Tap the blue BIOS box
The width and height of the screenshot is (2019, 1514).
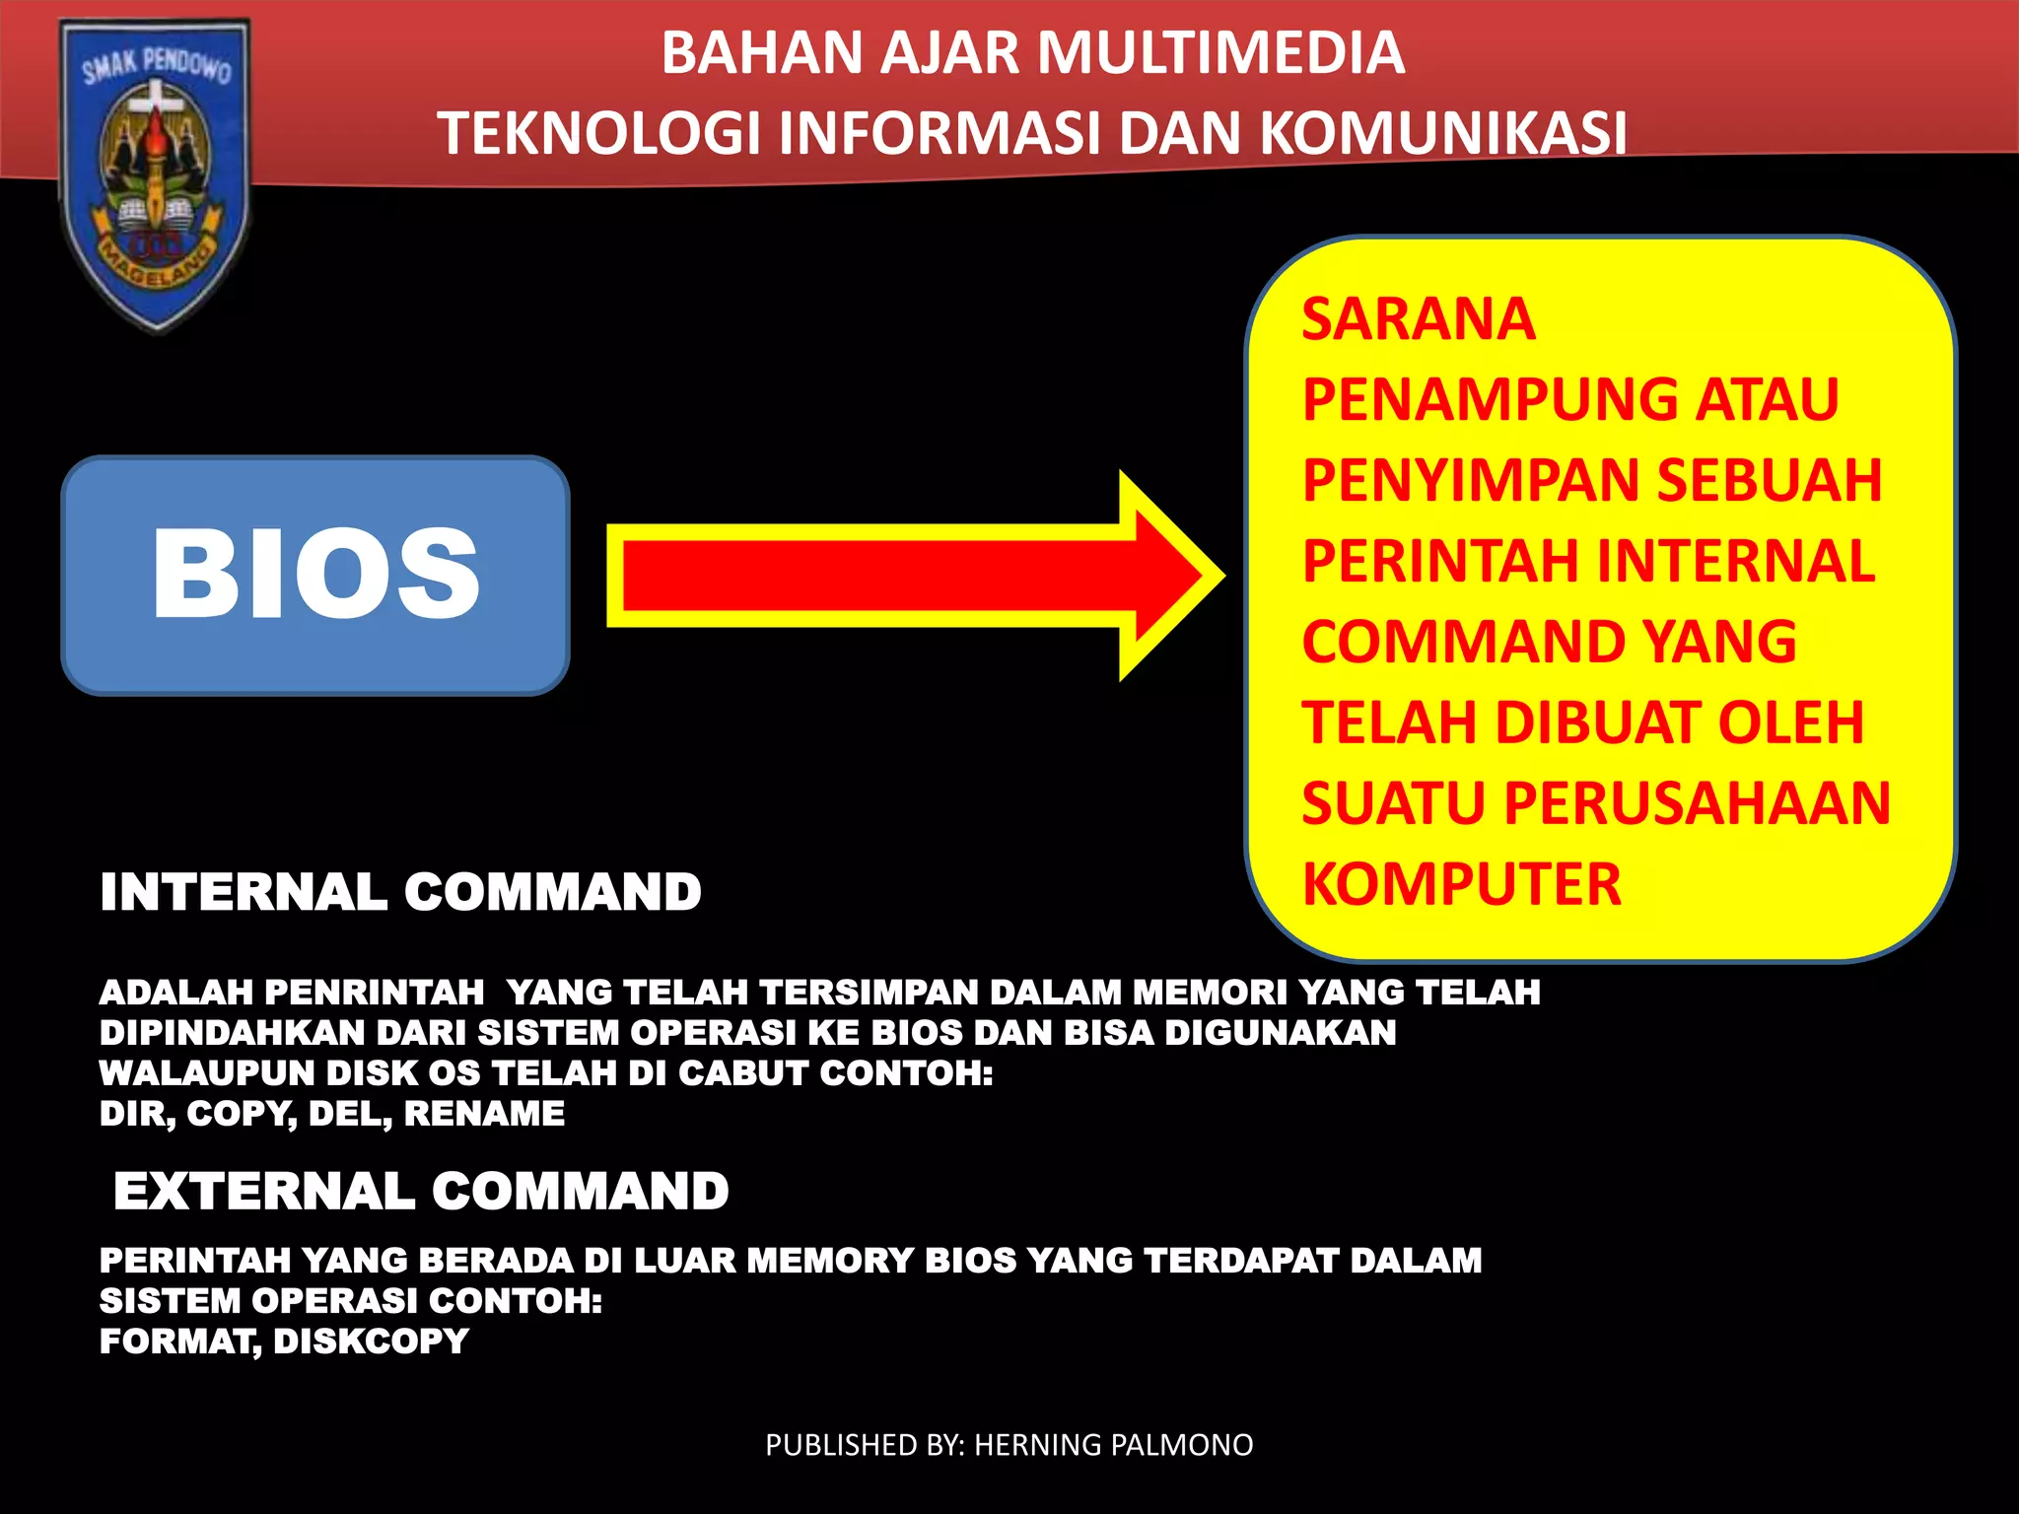(x=315, y=576)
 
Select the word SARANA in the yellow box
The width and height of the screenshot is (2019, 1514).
(x=1418, y=319)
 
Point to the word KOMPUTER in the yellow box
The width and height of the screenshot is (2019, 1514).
(x=1461, y=884)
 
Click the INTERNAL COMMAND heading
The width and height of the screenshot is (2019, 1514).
(x=400, y=892)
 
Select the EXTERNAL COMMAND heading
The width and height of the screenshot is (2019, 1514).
(x=421, y=1191)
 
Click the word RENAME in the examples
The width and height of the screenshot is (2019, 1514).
(x=484, y=1114)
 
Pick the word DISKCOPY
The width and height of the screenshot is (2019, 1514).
(x=371, y=1342)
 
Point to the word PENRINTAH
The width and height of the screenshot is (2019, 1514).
(x=374, y=992)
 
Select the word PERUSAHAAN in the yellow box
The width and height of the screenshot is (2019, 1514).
(x=1697, y=803)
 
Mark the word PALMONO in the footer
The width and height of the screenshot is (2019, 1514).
(x=1181, y=1445)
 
